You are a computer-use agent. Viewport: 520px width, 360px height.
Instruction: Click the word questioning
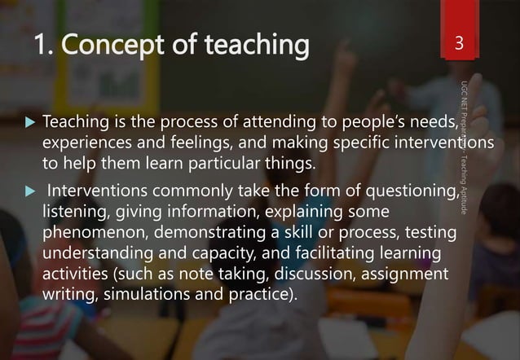pyautogui.click(x=403, y=193)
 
